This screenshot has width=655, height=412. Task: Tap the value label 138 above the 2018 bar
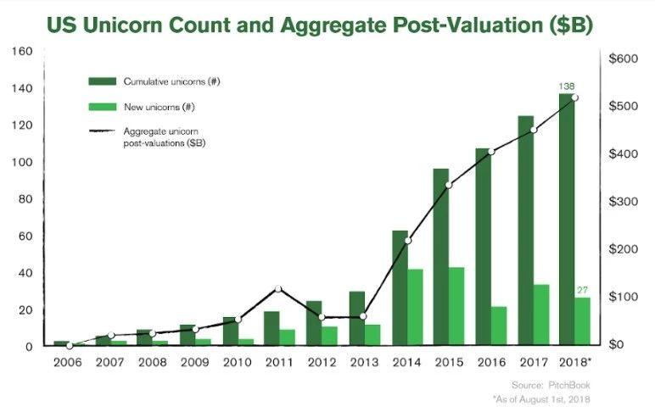point(567,86)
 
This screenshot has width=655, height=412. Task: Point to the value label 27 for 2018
point(582,291)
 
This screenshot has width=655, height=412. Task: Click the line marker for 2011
point(278,289)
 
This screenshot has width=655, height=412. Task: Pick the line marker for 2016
point(490,152)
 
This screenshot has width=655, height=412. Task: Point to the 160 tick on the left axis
point(23,52)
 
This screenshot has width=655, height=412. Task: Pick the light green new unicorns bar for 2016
point(499,326)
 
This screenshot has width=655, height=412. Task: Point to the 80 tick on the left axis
point(25,199)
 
